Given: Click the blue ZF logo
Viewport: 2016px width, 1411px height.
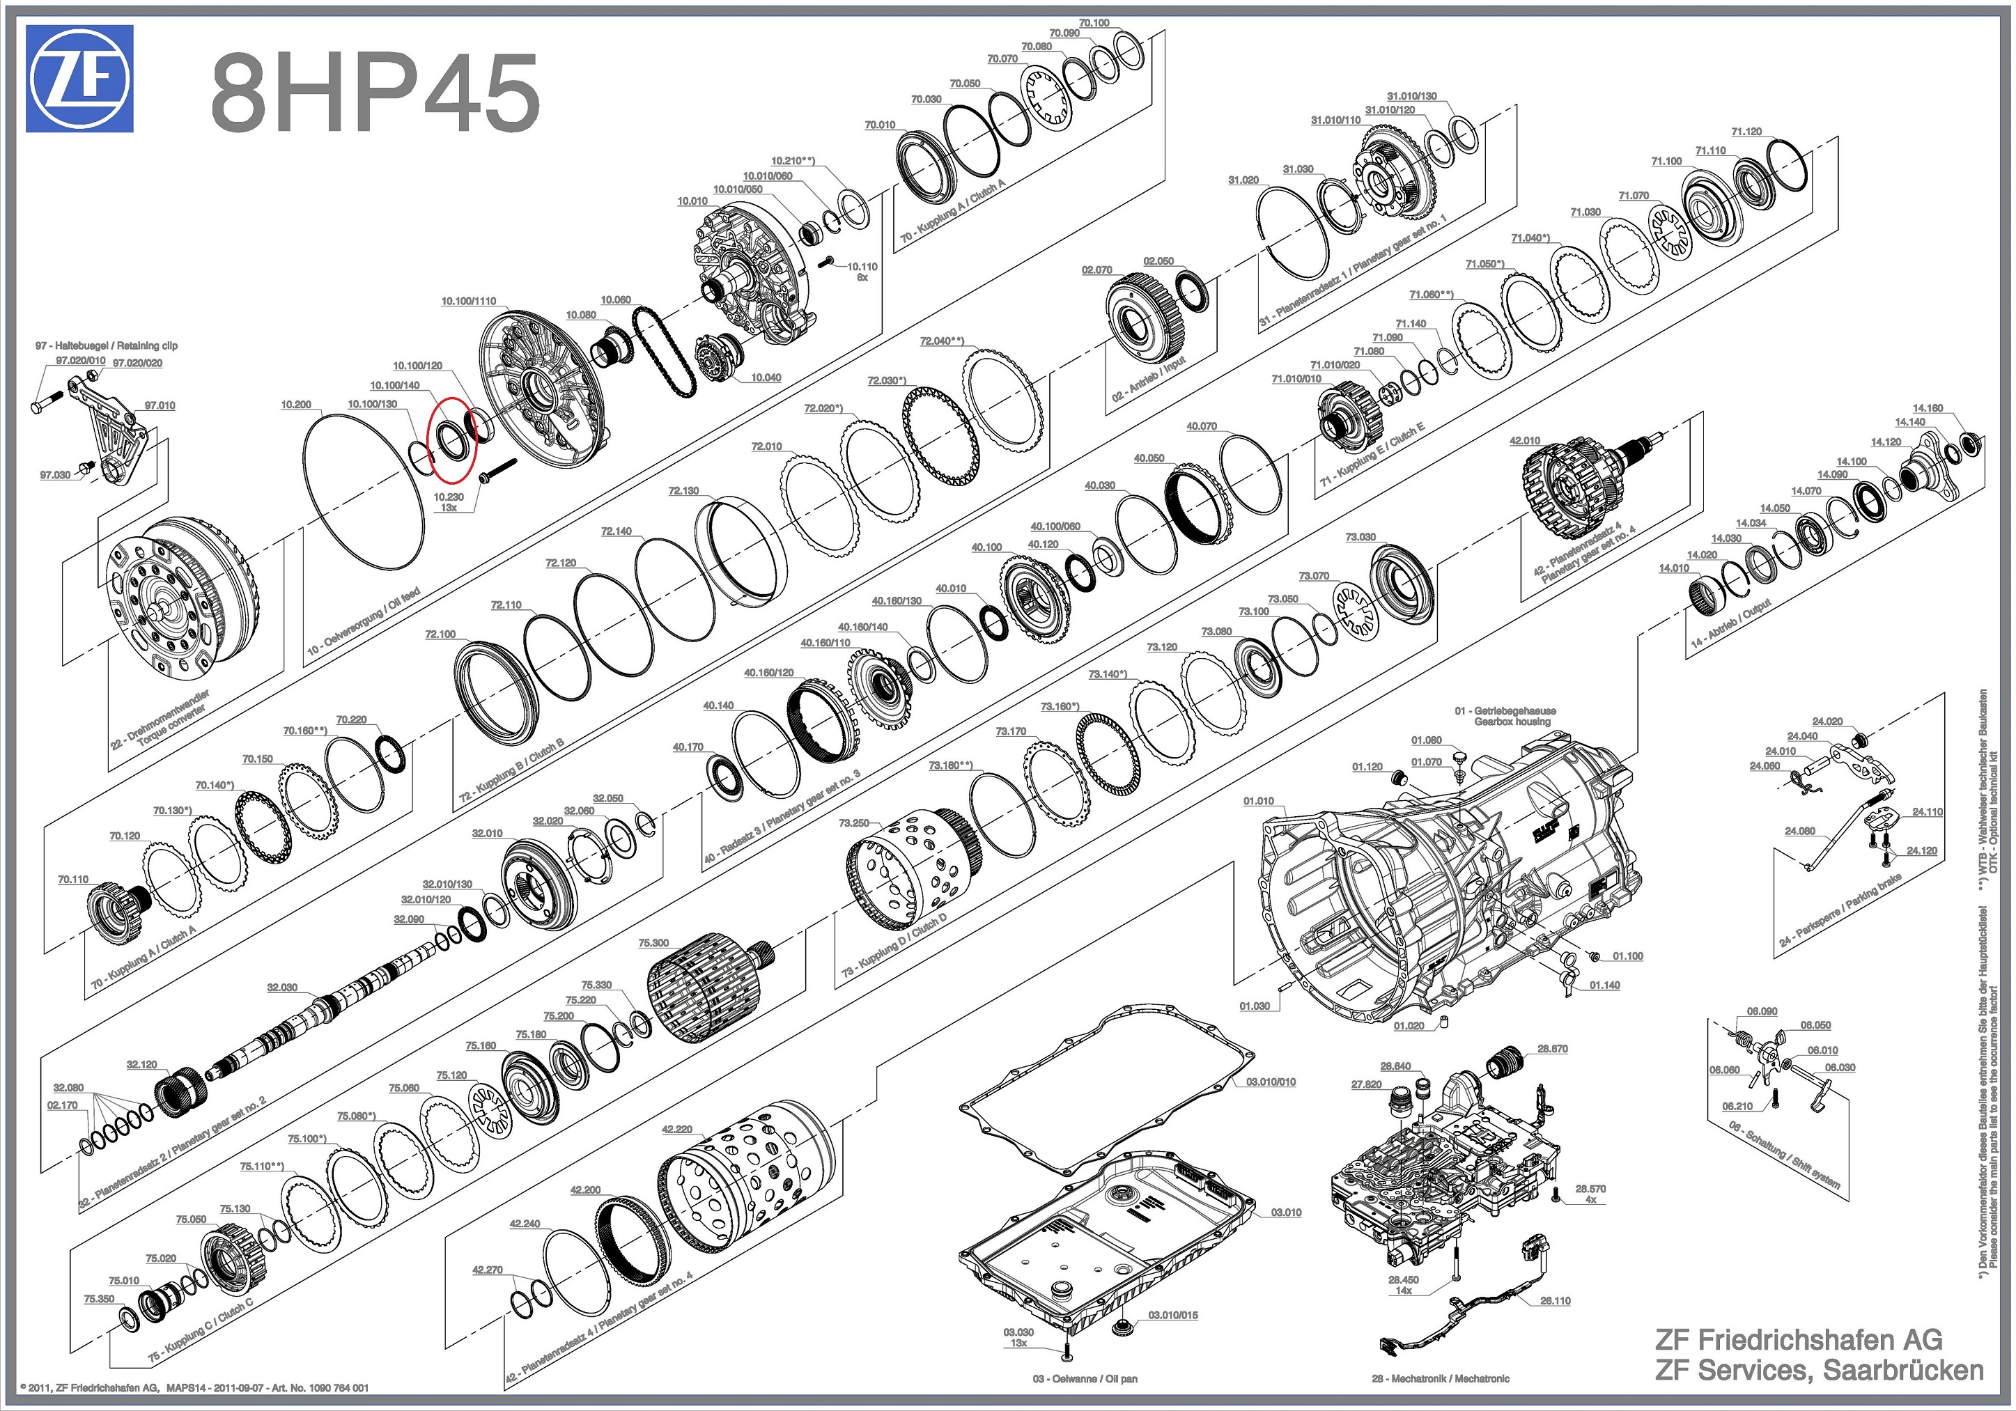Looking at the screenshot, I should (x=79, y=79).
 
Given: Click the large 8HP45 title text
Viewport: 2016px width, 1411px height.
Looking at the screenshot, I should (x=374, y=91).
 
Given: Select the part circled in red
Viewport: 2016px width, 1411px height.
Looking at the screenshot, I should (x=451, y=439).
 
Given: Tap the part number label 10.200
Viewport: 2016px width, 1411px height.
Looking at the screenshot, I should (x=296, y=405).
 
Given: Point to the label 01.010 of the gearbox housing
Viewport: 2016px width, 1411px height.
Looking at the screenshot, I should (x=1258, y=801).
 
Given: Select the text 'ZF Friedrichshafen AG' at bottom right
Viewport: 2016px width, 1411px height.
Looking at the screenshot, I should (x=1798, y=1340).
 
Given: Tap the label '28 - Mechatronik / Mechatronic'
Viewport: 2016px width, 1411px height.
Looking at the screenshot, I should (x=1440, y=1378).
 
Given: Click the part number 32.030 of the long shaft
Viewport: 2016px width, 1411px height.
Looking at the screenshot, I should (x=282, y=988).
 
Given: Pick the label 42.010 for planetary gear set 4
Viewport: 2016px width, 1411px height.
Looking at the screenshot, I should (x=1524, y=441).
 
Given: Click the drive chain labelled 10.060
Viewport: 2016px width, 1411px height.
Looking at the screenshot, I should (x=667, y=351).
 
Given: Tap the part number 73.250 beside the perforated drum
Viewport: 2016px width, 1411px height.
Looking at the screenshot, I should (x=853, y=824).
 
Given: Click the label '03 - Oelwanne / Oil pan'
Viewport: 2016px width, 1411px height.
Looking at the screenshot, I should (x=1085, y=1378).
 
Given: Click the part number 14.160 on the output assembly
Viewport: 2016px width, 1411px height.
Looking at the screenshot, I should (x=1928, y=408).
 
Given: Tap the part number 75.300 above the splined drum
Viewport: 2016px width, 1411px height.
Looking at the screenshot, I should (x=653, y=943).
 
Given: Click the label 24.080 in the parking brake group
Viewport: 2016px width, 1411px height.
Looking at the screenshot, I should (x=1800, y=831).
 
